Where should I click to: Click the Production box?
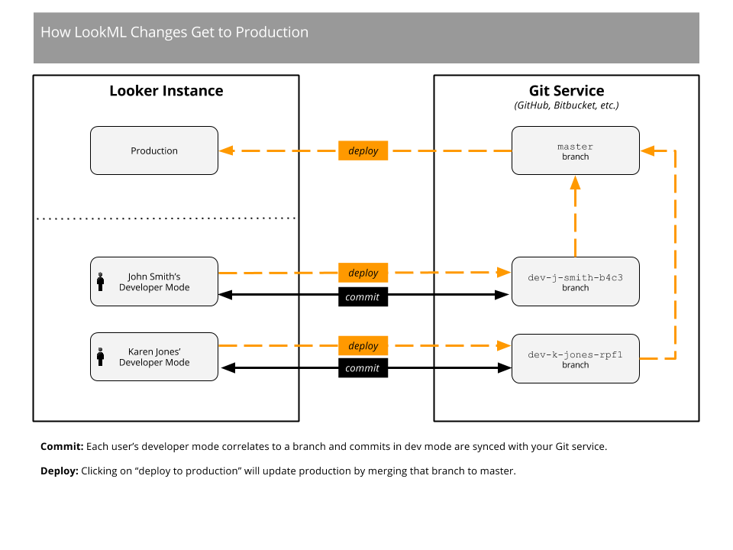(154, 150)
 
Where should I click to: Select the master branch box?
(575, 150)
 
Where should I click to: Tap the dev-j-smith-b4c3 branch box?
(575, 282)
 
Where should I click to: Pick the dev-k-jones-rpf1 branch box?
(575, 359)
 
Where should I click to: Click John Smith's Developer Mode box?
(154, 282)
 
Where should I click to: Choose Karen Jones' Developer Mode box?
(154, 357)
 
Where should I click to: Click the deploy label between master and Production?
(363, 150)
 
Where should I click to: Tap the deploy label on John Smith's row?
(363, 273)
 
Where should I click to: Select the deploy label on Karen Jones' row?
(363, 346)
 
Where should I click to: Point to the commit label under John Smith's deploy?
(362, 297)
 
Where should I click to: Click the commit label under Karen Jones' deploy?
(362, 368)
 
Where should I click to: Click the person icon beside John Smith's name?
(100, 281)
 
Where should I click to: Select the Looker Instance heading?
(166, 91)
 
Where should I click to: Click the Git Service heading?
(567, 91)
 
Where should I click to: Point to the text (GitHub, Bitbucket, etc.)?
(567, 105)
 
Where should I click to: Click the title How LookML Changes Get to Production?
(174, 32)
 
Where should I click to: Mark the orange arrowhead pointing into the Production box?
(226, 150)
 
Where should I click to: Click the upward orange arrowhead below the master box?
(575, 183)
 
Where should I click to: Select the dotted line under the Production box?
(166, 218)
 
